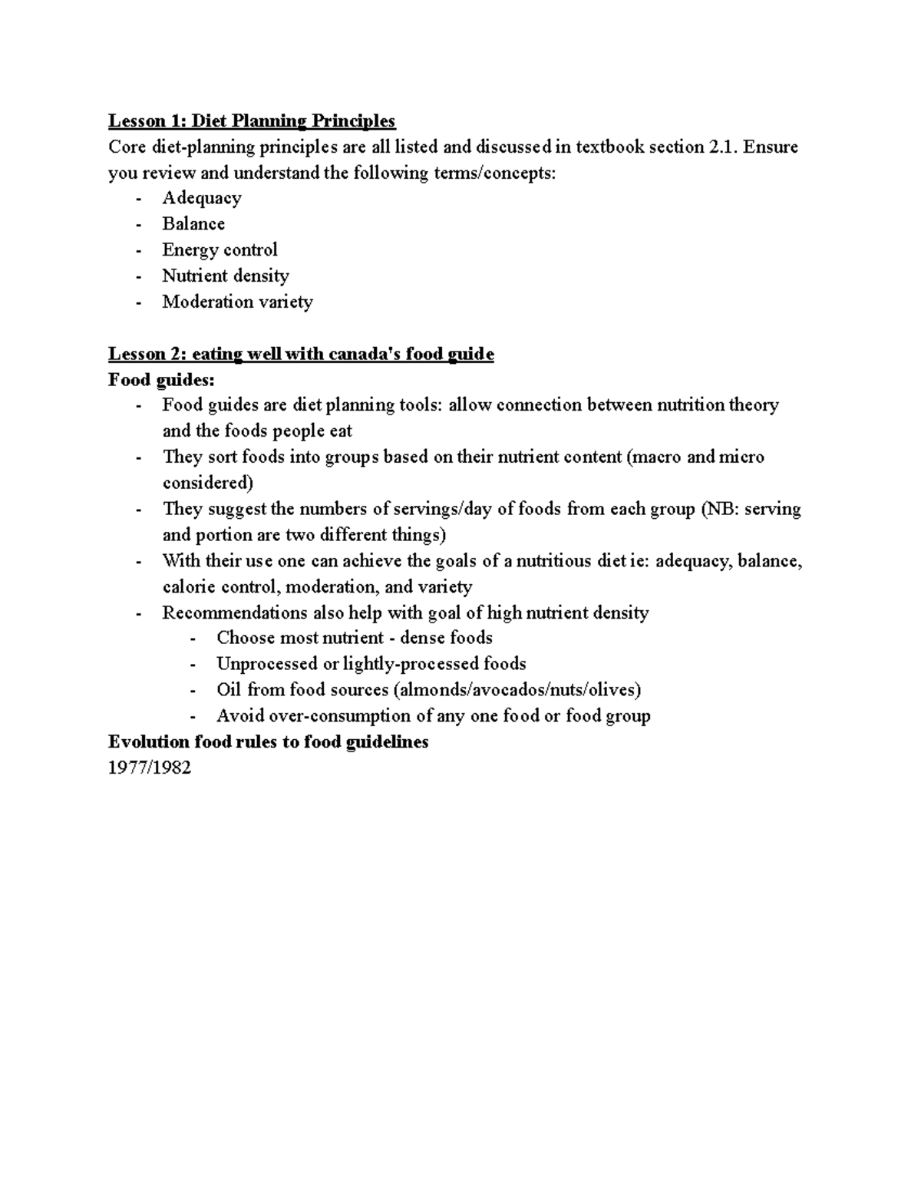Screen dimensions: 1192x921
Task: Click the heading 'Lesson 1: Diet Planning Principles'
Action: pos(252,121)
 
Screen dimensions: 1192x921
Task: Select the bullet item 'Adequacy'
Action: pos(202,198)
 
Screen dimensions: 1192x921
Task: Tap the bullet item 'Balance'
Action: pos(193,224)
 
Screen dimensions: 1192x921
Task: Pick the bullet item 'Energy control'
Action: pos(220,249)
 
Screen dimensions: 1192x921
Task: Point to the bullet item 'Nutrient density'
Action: pos(225,276)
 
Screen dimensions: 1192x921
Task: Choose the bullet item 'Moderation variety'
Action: pos(237,302)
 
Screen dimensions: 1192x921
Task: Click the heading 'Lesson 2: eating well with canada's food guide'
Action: pos(301,354)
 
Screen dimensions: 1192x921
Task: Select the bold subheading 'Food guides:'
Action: pos(162,380)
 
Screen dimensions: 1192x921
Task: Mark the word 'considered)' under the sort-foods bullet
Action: pos(207,483)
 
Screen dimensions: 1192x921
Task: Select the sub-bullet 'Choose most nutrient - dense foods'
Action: pos(355,638)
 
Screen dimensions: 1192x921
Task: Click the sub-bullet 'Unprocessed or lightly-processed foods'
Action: pos(371,664)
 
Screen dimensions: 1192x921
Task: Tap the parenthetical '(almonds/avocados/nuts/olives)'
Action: pos(517,690)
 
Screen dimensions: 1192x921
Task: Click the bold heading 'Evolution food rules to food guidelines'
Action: pos(268,742)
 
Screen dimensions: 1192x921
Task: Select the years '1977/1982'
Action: pos(150,768)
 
